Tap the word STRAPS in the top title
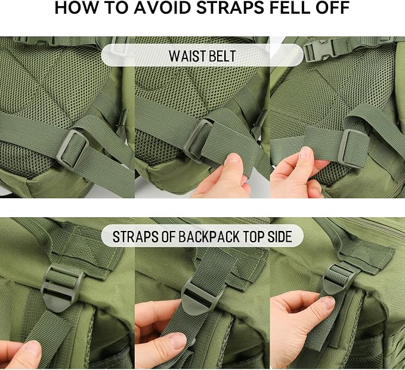coord(230,8)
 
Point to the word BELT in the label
coord(222,56)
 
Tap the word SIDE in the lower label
coord(280,236)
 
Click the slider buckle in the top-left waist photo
coord(72,149)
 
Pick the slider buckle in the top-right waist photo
coord(353,149)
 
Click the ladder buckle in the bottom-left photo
coord(61,287)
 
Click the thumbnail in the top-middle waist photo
coord(233,158)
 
